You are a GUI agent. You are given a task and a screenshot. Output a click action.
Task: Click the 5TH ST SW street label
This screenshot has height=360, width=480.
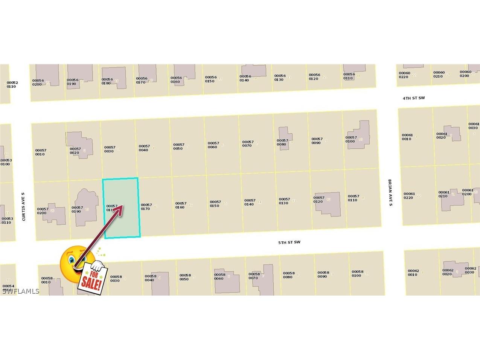(x=289, y=242)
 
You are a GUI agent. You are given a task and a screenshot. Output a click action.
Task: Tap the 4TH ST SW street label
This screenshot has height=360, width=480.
(x=413, y=98)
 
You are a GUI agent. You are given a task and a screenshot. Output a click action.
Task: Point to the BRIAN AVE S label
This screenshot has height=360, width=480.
(x=390, y=192)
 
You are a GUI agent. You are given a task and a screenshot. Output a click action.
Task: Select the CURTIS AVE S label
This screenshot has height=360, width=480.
(x=23, y=206)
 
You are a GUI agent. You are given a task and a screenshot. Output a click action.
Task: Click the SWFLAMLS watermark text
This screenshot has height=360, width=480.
(x=20, y=291)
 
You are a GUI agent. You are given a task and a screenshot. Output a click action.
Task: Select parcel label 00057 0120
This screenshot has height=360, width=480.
(x=318, y=200)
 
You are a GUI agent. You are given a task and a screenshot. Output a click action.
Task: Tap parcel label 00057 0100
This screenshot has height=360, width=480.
(x=351, y=139)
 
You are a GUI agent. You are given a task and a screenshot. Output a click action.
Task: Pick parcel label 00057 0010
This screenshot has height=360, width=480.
(x=41, y=152)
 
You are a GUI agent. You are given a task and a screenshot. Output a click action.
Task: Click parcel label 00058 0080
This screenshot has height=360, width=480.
(x=288, y=275)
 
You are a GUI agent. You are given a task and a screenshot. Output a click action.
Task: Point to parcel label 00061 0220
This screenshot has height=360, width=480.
(x=409, y=196)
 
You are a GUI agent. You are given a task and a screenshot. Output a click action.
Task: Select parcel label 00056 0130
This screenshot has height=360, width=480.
(x=280, y=78)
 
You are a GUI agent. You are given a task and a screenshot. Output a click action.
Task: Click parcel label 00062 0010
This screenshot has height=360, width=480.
(x=413, y=273)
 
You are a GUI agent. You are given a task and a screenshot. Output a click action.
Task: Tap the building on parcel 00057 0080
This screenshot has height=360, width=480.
(x=285, y=138)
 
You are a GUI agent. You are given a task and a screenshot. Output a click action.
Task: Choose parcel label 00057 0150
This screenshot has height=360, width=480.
(x=215, y=204)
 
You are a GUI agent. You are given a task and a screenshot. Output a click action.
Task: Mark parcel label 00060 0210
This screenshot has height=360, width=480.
(x=439, y=74)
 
